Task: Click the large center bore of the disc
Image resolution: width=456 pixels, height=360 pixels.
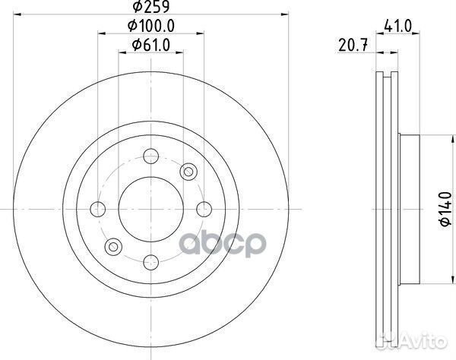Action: (150, 207)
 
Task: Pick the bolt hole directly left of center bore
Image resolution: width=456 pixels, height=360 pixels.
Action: (97, 207)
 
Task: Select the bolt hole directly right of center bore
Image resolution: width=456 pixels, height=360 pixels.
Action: (203, 207)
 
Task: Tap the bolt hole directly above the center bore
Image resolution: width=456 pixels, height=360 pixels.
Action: (150, 156)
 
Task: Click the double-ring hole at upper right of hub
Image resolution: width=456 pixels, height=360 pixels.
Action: (186, 171)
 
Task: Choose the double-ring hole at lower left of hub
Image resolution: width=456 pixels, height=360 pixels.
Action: (113, 245)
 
